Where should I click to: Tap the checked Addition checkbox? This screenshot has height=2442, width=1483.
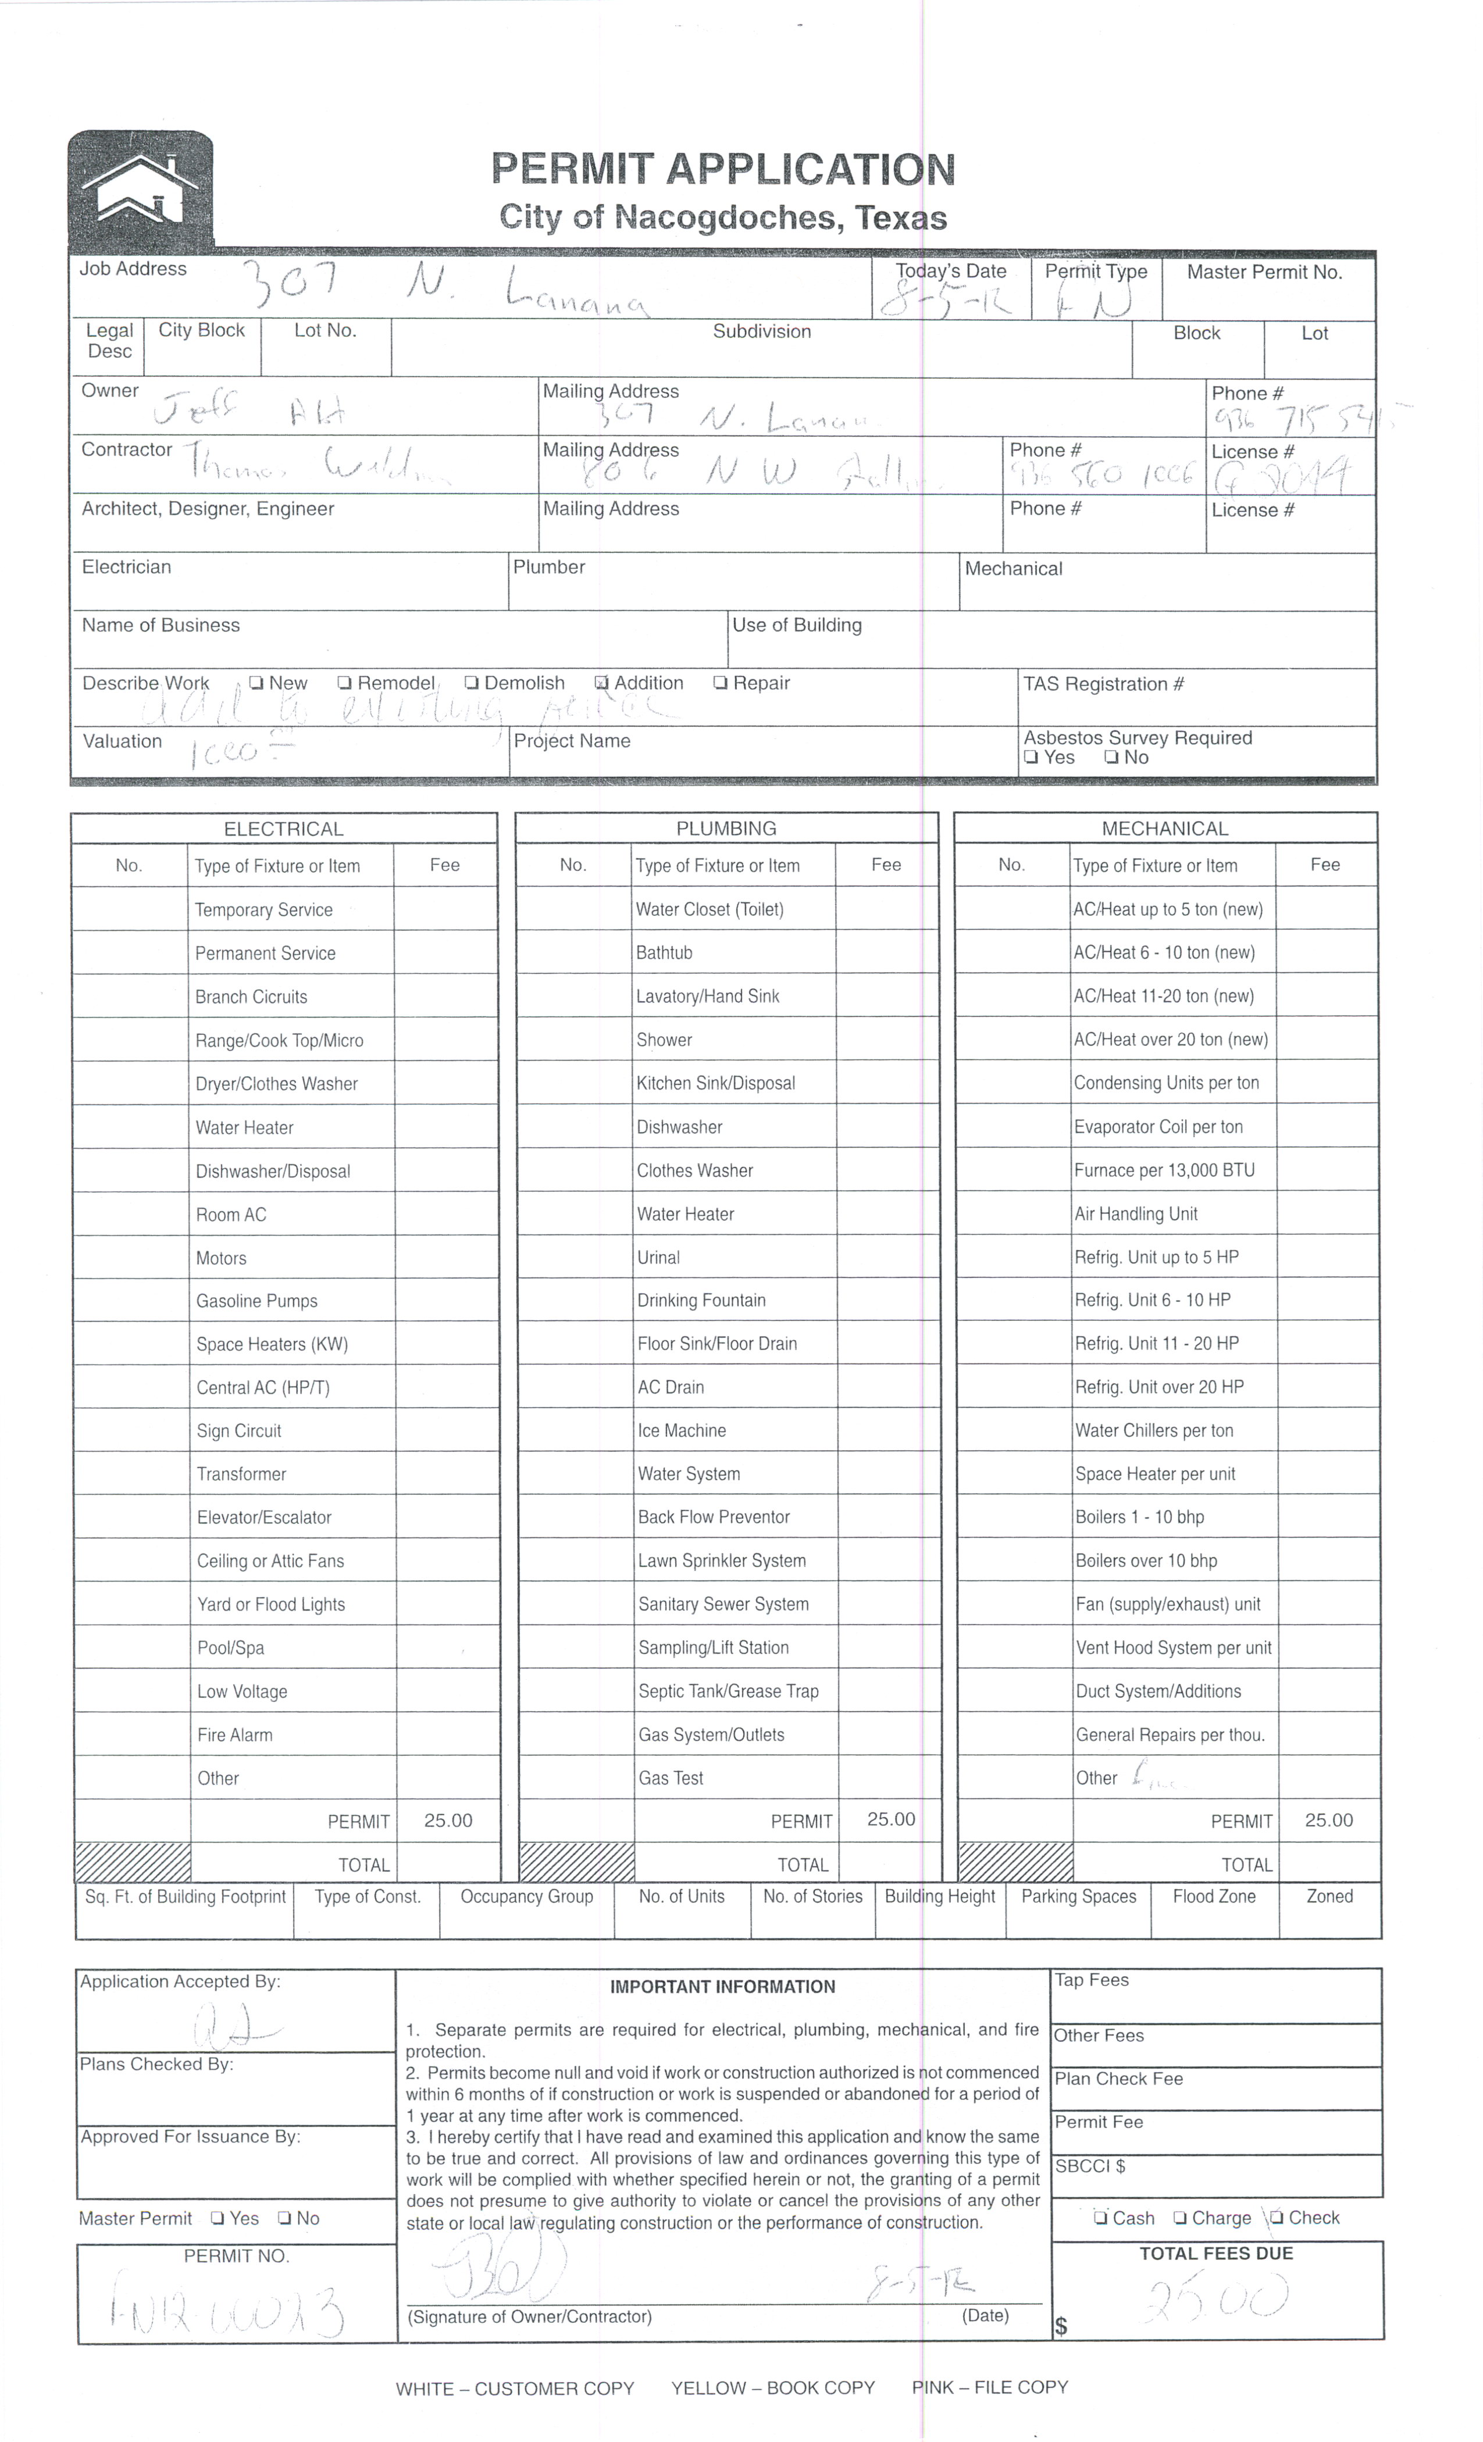(601, 683)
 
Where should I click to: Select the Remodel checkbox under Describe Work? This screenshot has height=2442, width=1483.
(344, 683)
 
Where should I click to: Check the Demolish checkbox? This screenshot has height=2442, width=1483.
(472, 683)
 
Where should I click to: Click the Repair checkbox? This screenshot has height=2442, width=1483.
(721, 683)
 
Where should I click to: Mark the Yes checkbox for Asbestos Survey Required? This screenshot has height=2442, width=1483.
(1032, 758)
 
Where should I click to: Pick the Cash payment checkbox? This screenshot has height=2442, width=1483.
(1100, 2218)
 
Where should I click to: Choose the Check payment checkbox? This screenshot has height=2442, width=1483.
(1278, 2218)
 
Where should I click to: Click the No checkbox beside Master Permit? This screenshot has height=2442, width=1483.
(286, 2219)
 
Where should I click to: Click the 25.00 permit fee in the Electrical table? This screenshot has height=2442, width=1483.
(448, 1820)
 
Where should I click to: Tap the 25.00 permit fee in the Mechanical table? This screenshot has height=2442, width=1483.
(1328, 1820)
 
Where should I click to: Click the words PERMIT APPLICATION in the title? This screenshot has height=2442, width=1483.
(723, 169)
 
